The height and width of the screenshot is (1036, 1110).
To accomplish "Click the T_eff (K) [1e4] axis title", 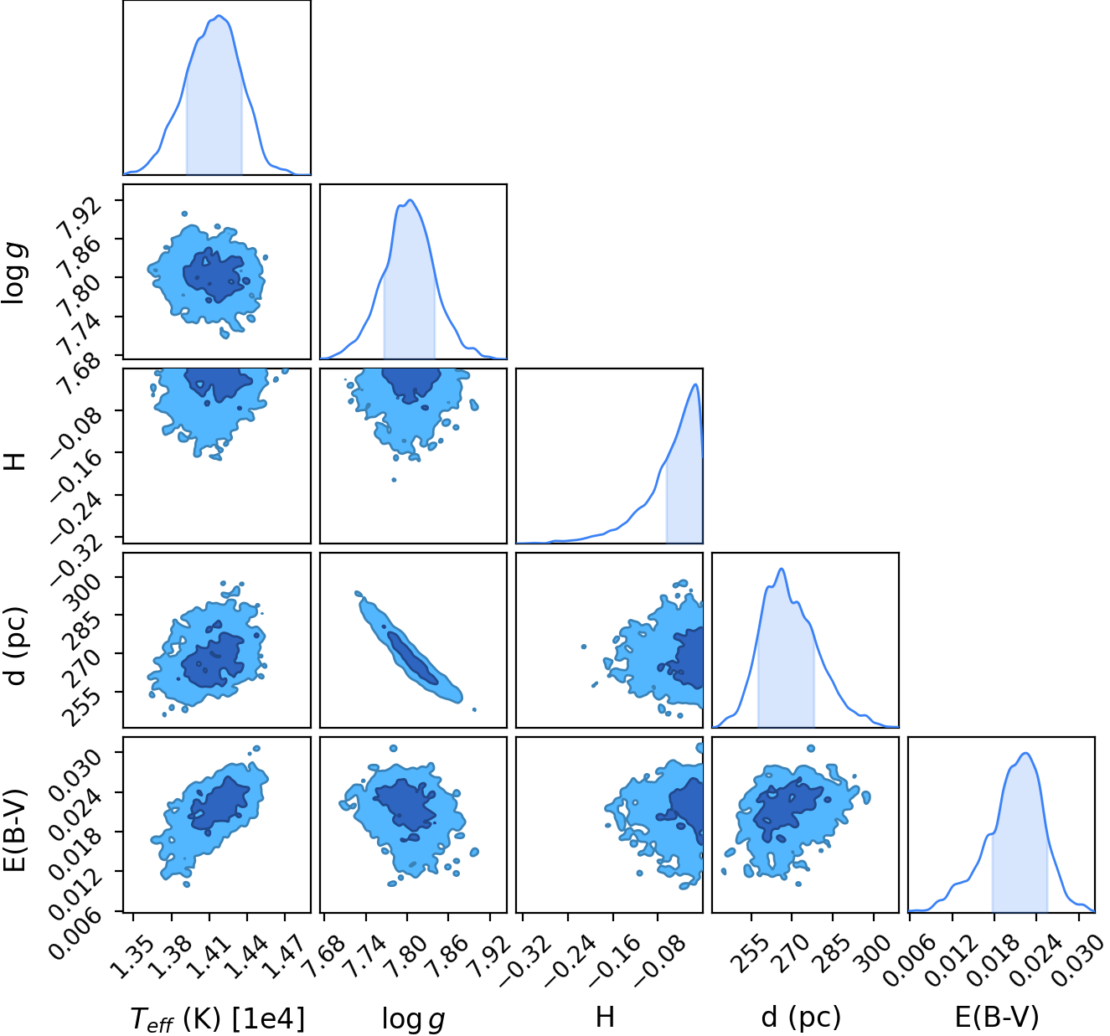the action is tap(218, 1018).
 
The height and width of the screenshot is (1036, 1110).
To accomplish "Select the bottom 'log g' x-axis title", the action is tap(413, 1019).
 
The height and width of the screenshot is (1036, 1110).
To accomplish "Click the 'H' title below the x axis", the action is tap(606, 1018).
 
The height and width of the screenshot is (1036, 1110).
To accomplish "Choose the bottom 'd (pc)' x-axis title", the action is tap(801, 1018).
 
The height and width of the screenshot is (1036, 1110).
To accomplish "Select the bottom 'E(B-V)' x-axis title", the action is tap(997, 1018).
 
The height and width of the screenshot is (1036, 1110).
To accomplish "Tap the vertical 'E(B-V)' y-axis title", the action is tap(16, 830).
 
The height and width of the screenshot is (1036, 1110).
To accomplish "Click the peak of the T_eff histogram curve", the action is tap(219, 16).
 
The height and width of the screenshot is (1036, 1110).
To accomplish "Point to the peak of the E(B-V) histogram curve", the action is tap(1025, 753).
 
